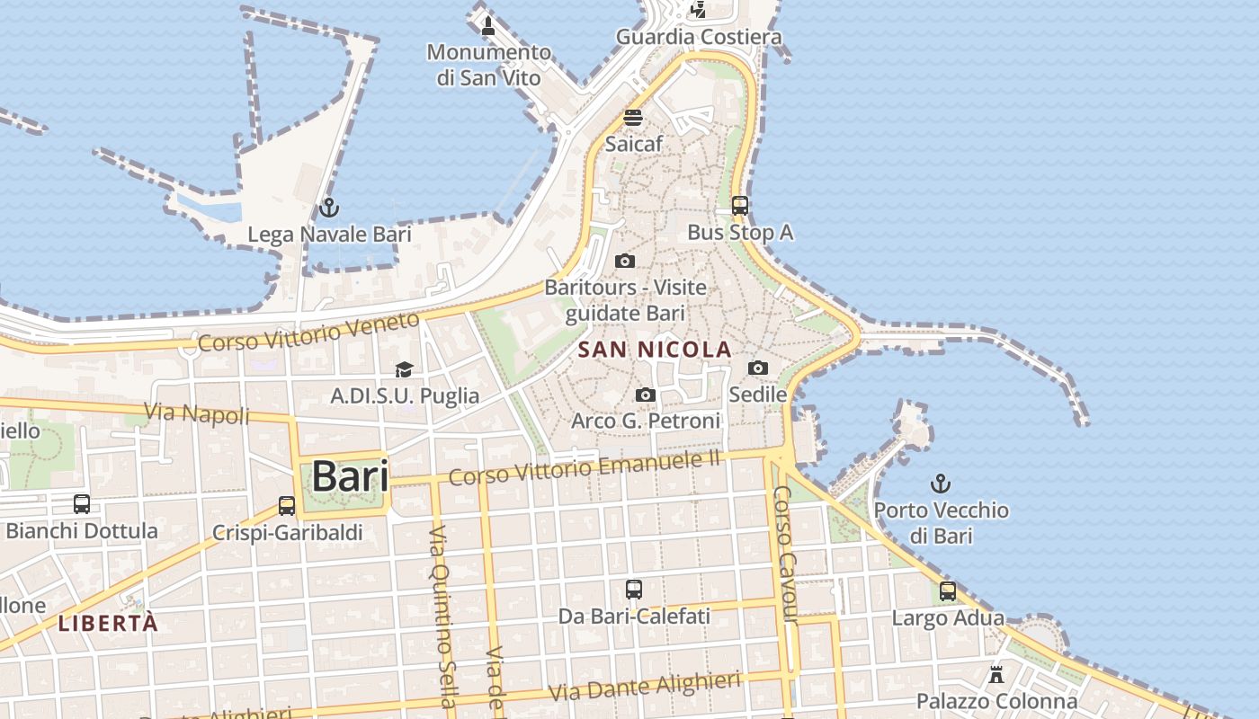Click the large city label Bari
(350, 476)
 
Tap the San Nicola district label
(655, 349)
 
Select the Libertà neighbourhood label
(108, 622)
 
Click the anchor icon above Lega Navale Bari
(329, 209)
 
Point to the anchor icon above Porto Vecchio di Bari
(941, 484)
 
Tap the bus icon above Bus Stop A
(740, 206)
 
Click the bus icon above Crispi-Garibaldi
(287, 506)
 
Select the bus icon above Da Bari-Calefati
(634, 590)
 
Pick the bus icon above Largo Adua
(948, 591)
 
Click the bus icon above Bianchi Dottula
(82, 504)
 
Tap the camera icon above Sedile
(758, 368)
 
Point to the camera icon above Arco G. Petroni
(646, 395)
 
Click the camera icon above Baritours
(625, 261)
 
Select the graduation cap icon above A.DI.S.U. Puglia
(405, 369)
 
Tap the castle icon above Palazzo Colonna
(996, 674)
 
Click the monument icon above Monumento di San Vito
(488, 25)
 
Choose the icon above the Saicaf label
(633, 118)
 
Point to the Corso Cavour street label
(785, 554)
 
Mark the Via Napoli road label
(197, 413)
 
